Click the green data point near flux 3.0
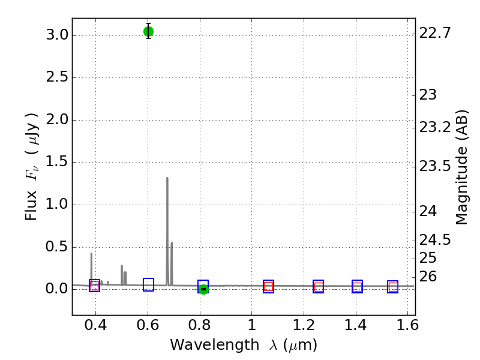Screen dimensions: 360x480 pos(148,31)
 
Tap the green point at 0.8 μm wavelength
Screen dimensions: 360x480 pos(203,289)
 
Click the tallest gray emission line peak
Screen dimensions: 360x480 pos(167,178)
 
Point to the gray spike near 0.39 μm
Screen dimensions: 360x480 pos(91,254)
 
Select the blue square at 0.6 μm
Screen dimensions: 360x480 pos(148,285)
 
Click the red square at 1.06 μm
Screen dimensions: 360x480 pos(268,287)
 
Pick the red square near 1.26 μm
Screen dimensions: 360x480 pos(319,287)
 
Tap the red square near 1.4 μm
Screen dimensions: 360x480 pos(357,287)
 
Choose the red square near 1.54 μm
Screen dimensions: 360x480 pos(393,287)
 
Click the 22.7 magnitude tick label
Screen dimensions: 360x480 pos(435,33)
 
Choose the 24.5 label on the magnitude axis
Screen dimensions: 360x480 pos(435,240)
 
